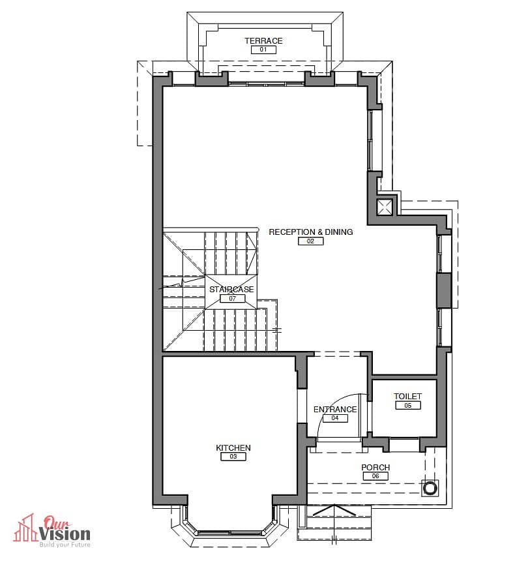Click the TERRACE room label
[263, 41]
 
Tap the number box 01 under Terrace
[263, 50]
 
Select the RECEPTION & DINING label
[311, 232]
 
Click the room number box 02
[310, 241]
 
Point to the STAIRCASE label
[232, 289]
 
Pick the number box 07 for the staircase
[233, 298]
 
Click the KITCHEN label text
[233, 447]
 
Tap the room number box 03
[233, 457]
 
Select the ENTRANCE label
[335, 409]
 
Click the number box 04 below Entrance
[335, 418]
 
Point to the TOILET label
[407, 396]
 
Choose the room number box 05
[407, 405]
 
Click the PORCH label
[375, 467]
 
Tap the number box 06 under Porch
[375, 476]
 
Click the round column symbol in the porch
[430, 488]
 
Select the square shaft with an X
[385, 207]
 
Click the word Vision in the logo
[65, 534]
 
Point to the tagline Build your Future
[65, 545]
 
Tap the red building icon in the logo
[25, 529]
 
